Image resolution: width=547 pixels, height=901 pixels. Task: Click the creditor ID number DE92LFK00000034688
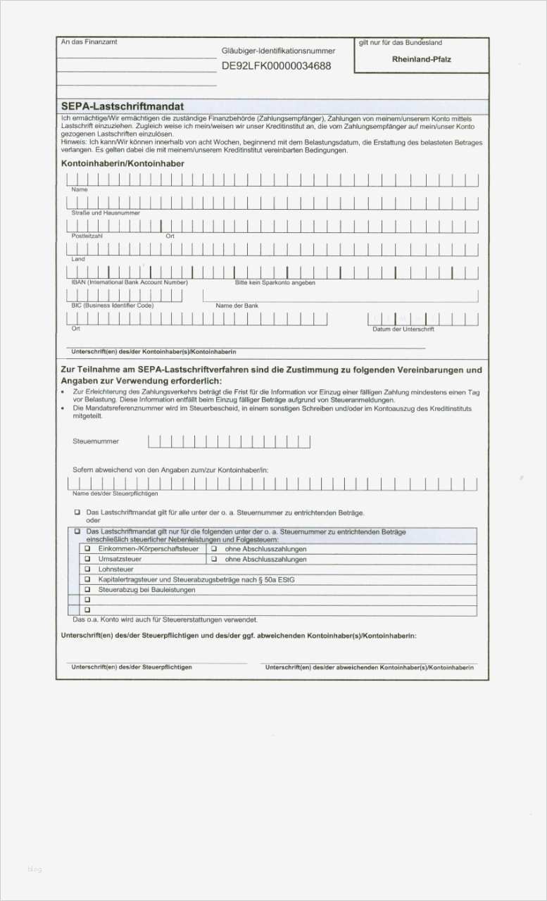coord(276,66)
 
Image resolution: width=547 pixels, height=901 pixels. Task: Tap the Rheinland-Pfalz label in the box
coord(421,59)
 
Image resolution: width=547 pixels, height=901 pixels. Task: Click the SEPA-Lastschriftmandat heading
coord(122,106)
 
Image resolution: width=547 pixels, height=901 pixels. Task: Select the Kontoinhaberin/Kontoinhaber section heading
coord(122,163)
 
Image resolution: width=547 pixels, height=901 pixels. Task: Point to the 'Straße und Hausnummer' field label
coord(106,213)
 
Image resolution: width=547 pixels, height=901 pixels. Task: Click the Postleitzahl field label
coord(87,236)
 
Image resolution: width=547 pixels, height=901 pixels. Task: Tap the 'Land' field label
coord(78,259)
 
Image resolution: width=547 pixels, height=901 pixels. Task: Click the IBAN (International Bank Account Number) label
coord(130,282)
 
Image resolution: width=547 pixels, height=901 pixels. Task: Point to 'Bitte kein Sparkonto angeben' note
coord(275,282)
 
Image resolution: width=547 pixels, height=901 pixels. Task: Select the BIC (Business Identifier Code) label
coord(113,305)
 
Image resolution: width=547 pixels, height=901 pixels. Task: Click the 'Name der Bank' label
coord(237,305)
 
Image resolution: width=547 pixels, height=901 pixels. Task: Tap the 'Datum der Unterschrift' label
coord(403,329)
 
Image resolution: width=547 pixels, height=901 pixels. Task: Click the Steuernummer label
coord(96,441)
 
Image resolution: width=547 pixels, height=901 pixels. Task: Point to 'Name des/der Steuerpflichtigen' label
coord(115,493)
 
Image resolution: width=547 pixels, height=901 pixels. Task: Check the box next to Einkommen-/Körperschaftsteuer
coord(88,548)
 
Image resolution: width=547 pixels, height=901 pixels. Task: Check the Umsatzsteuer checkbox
coord(88,559)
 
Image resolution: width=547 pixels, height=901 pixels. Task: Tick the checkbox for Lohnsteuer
coord(88,569)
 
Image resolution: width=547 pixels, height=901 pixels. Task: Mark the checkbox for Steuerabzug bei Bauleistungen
coord(88,590)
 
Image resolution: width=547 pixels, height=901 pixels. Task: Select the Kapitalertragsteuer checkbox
coord(88,579)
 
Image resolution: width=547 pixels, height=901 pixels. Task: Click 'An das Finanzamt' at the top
coord(89,42)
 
